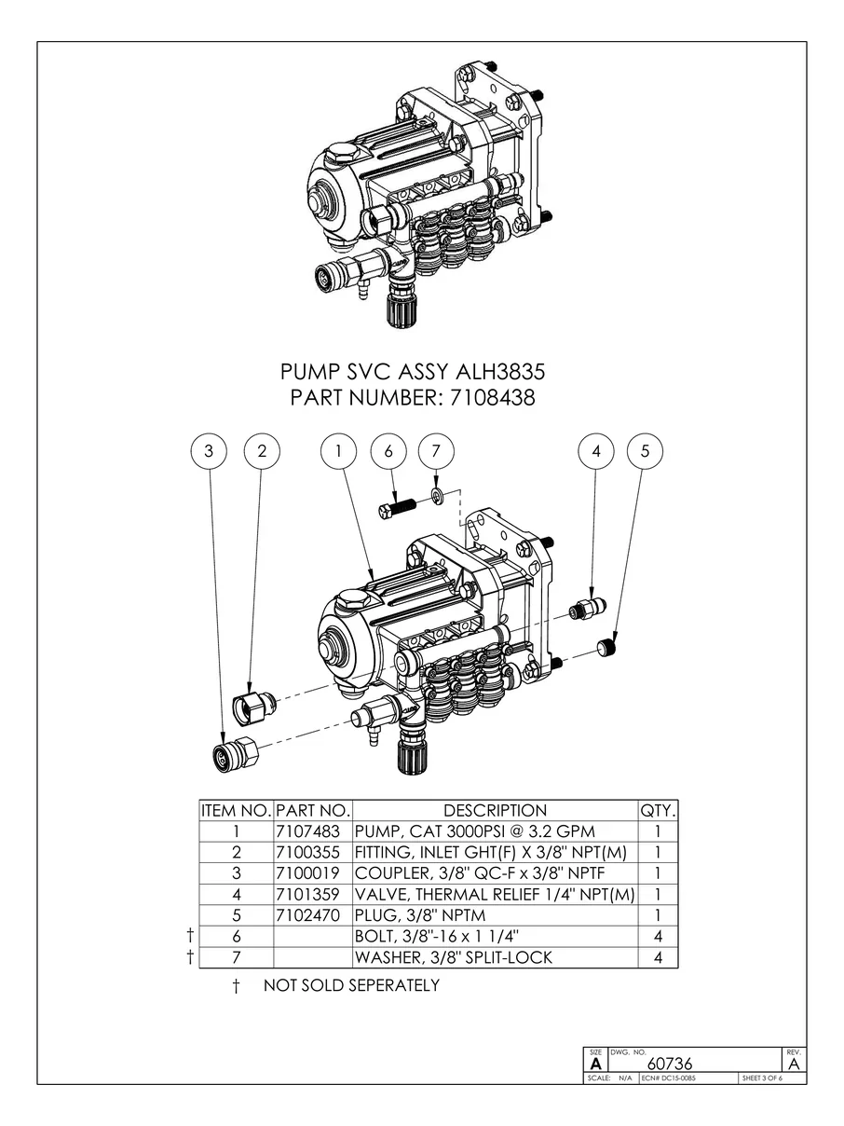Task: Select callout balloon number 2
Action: [262, 451]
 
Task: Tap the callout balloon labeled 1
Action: [340, 451]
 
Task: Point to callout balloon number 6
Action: [388, 451]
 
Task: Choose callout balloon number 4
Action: [596, 451]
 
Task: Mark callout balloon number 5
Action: [645, 451]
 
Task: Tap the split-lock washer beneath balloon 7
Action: [437, 492]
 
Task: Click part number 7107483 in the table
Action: [312, 831]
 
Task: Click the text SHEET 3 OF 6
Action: [761, 1078]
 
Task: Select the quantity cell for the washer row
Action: [658, 957]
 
